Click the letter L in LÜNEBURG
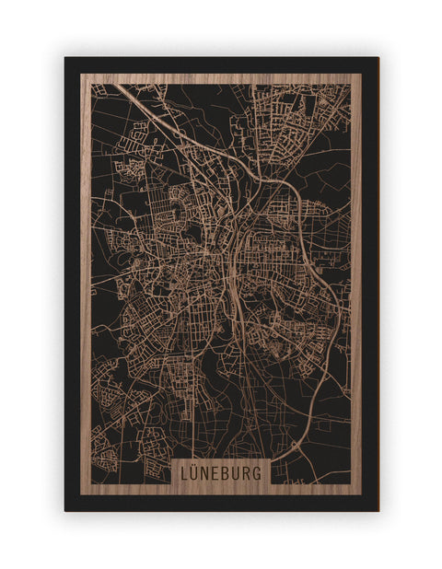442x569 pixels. tap(185, 473)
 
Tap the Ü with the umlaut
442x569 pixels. tap(196, 472)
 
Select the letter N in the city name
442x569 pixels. tap(207, 473)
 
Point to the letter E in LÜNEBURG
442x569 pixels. tap(217, 473)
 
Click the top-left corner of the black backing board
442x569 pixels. tap(65, 58)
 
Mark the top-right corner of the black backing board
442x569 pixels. tap(378, 58)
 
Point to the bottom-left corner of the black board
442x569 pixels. tap(65, 510)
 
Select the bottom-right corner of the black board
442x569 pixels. tap(378, 510)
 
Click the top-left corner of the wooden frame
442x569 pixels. tap(81, 75)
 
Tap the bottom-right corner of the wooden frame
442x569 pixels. tap(361, 494)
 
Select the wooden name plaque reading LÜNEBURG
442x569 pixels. tap(221, 472)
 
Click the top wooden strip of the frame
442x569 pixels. tap(221, 79)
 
